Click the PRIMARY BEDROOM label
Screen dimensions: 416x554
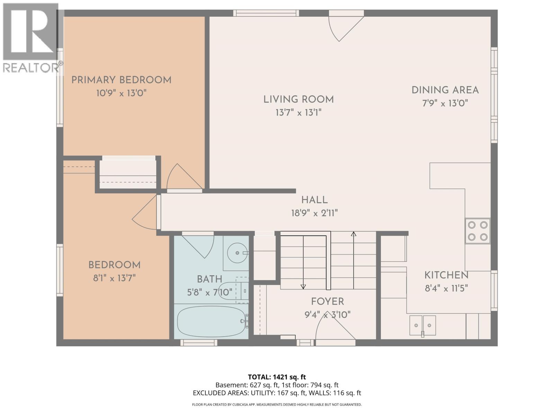121,80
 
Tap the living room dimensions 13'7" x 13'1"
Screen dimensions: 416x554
298,113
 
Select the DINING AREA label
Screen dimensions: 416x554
445,90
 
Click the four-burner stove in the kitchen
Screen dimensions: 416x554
477,231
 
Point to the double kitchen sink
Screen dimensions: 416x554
422,326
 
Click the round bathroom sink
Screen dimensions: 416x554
237,253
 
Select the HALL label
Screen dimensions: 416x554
314,200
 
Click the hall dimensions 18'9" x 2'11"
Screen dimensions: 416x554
314,213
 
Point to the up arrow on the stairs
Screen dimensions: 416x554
354,234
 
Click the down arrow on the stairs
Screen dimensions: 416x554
303,286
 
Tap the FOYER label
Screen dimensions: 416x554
327,302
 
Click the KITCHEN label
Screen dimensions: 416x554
446,276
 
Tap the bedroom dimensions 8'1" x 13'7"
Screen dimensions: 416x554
114,278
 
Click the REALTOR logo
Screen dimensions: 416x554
31,38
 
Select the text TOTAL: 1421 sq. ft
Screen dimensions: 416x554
277,377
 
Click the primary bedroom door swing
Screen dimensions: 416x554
182,177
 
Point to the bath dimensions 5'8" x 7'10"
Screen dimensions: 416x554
209,293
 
